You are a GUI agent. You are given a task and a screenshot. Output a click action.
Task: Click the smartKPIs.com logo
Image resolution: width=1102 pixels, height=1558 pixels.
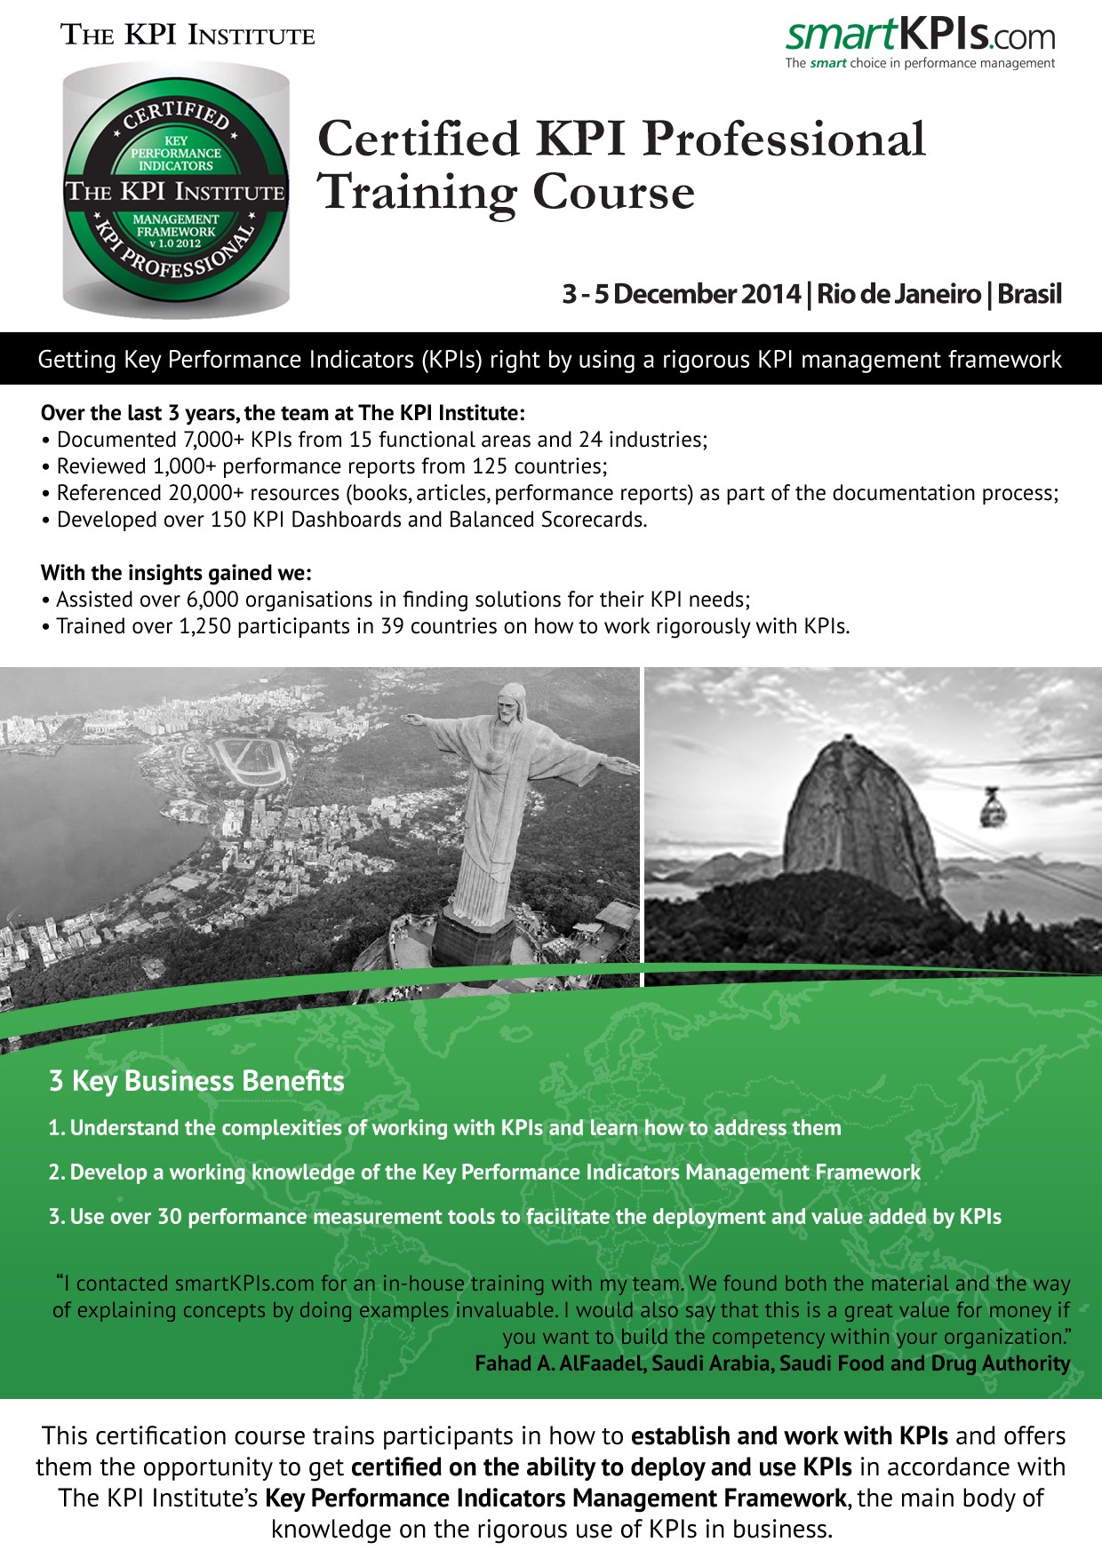click(920, 36)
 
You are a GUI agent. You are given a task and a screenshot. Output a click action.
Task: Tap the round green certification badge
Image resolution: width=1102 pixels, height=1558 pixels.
click(176, 191)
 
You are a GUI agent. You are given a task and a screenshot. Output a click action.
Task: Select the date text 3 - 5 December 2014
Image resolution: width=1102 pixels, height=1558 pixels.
click(681, 294)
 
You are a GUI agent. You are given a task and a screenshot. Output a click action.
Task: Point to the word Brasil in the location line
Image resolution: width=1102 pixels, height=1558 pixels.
click(1029, 294)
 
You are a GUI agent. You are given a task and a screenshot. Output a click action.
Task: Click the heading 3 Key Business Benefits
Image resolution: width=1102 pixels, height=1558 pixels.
click(196, 1081)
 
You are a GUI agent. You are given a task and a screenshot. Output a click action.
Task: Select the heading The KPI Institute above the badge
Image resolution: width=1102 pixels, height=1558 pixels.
click(188, 36)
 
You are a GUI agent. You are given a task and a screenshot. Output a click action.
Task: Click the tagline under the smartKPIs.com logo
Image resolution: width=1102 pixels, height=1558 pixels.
click(919, 64)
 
